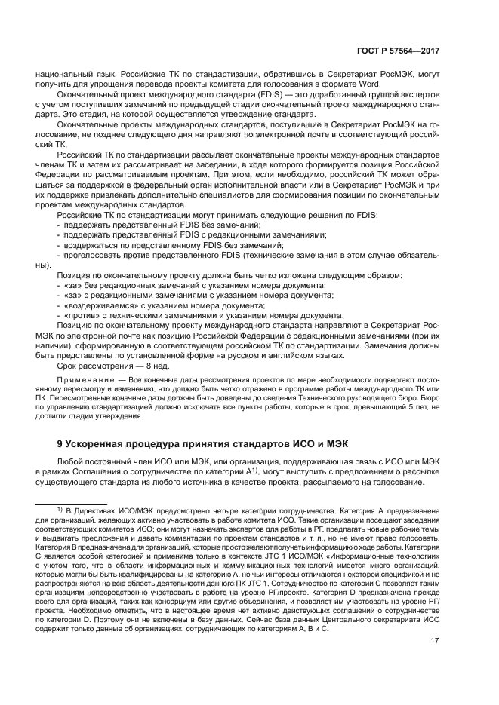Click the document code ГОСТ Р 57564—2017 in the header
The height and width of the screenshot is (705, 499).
pyautogui.click(x=398, y=52)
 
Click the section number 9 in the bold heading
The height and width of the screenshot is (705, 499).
pyautogui.click(x=60, y=443)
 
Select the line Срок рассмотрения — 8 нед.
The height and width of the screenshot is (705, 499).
pyautogui.click(x=113, y=366)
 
